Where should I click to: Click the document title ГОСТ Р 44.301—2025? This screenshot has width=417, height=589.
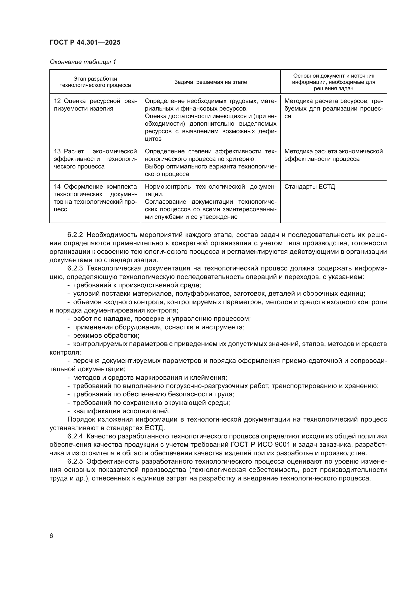85,43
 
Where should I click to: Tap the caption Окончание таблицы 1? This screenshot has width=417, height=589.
83,62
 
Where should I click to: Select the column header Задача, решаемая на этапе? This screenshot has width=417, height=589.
210,82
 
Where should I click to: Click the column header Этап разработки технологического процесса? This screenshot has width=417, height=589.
95,82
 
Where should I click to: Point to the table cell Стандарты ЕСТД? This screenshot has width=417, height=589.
309,187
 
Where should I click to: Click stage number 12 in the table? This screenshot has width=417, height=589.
57,101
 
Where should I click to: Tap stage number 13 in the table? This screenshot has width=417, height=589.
57,151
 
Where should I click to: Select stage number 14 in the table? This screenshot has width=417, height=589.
57,187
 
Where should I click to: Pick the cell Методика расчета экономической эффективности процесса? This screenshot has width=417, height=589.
333,155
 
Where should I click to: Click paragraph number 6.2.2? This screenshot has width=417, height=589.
75,235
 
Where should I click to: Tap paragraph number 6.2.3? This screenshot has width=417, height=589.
75,268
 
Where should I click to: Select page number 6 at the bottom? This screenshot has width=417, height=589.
51,536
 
